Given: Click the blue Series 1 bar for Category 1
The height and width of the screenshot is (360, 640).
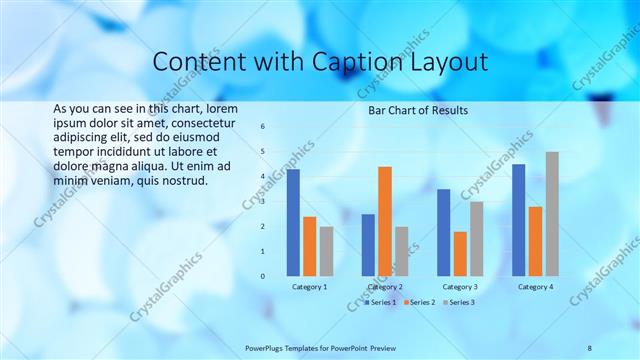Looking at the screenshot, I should click(x=293, y=222).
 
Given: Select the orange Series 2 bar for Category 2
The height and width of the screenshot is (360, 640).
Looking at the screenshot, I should click(x=385, y=221).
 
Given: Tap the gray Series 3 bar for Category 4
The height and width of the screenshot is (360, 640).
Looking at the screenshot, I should click(x=552, y=214).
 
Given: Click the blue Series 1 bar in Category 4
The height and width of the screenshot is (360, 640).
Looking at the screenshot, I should click(x=518, y=220).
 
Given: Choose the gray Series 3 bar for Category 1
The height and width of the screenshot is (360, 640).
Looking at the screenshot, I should click(x=326, y=251).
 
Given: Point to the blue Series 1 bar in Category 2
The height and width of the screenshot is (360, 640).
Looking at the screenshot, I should click(x=368, y=245).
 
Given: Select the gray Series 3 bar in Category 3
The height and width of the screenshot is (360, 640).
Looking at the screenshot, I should click(x=477, y=238).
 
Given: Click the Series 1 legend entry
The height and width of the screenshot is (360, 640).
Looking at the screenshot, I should click(x=381, y=302).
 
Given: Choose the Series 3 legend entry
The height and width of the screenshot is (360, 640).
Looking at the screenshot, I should click(x=459, y=302).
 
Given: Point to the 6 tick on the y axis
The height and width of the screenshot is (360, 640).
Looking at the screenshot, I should click(x=262, y=127).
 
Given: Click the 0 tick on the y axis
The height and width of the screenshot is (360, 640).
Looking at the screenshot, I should click(x=262, y=276).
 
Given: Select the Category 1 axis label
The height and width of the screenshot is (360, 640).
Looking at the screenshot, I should click(x=309, y=287).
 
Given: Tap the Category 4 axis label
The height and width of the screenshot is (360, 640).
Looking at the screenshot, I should click(x=535, y=287).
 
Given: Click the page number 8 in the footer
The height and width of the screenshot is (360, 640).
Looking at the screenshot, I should click(x=590, y=348).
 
